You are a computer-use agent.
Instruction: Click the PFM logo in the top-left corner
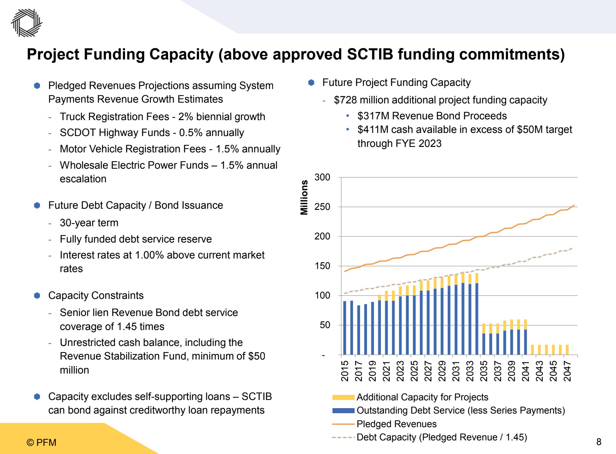[x=26, y=23]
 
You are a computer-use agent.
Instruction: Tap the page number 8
[x=599, y=442]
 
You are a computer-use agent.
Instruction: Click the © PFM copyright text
[x=42, y=442]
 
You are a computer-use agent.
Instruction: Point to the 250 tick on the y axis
[x=322, y=207]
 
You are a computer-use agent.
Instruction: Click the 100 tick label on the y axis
[x=322, y=295]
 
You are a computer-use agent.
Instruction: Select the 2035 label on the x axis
[x=484, y=371]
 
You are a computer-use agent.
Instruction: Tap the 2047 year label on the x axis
[x=567, y=371]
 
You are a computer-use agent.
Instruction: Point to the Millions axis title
[x=304, y=197]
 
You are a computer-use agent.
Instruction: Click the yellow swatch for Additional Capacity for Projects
[x=343, y=397]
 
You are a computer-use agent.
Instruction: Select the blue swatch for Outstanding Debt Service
[x=343, y=410]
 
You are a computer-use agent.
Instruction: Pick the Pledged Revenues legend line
[x=343, y=424]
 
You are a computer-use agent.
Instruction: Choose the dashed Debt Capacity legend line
[x=343, y=437]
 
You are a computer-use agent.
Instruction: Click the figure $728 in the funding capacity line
[x=345, y=100]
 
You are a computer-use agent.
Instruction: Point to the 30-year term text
[x=89, y=223]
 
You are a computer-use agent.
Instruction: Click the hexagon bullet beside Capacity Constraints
[x=37, y=295]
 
